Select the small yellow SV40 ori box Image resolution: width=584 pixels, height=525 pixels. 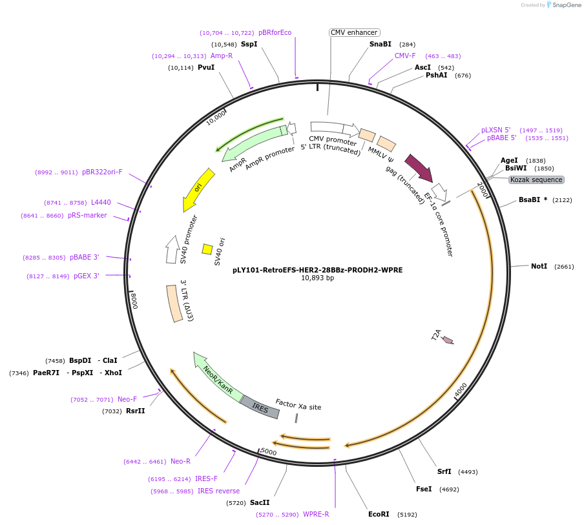coord(207,249)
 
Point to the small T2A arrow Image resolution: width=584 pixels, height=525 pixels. coord(448,340)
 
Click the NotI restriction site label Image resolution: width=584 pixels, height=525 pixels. coord(539,266)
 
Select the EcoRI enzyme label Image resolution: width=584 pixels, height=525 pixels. coord(379,514)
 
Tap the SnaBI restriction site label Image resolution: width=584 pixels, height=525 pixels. coord(381,45)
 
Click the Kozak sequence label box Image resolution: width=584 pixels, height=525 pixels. coord(536,180)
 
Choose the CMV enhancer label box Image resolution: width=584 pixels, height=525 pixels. coord(354,32)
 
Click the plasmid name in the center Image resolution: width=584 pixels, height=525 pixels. coord(317,270)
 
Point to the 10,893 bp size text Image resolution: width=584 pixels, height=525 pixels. coord(317,278)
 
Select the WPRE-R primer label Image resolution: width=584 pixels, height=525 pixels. coord(316,514)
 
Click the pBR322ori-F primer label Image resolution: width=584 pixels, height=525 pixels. coord(102,172)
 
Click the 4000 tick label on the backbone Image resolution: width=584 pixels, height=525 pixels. coord(461,391)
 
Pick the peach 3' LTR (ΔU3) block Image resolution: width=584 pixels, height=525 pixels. coord(175,304)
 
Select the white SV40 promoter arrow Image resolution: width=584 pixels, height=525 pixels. coord(172,249)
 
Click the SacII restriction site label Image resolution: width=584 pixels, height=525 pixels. coord(260,502)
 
